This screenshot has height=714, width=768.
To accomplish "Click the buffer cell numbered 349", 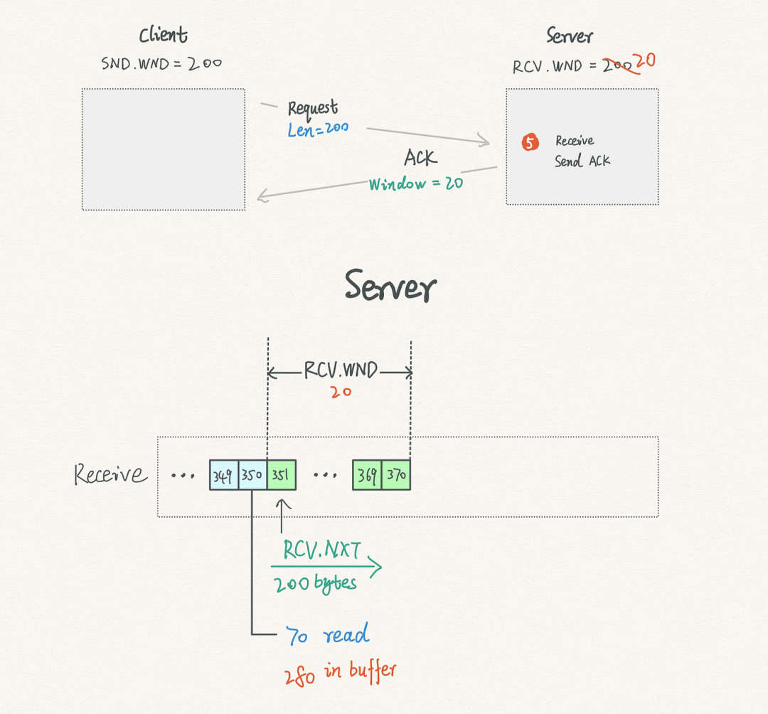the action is point(224,475).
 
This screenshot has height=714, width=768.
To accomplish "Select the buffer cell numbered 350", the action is point(252,475).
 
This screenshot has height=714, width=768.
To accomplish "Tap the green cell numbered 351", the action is point(282,475).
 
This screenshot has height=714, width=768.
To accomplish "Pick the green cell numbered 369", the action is point(367,475).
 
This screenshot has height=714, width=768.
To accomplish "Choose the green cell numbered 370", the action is point(396,475).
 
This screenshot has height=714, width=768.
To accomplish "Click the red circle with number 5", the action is point(530,142).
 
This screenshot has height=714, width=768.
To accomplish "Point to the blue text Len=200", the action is point(318,129).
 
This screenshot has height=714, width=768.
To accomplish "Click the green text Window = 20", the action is point(416,183).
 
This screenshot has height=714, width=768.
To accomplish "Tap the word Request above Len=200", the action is point(312,110).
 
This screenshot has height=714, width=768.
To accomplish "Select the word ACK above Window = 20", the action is point(420,158).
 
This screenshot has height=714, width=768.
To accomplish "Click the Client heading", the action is point(163,36).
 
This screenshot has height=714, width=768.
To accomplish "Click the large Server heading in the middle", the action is point(390,286).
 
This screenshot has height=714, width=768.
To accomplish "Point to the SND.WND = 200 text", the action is point(161,64).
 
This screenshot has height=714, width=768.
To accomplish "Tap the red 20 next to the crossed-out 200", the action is point(645,60).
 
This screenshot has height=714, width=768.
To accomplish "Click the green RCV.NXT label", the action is point(322,550).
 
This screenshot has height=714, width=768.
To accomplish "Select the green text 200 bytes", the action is point(315,584).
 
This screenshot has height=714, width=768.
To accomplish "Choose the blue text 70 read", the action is point(327,634).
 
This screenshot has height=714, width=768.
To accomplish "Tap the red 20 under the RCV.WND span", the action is point(341,393).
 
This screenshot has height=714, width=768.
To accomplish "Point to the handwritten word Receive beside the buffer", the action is point(110,474).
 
